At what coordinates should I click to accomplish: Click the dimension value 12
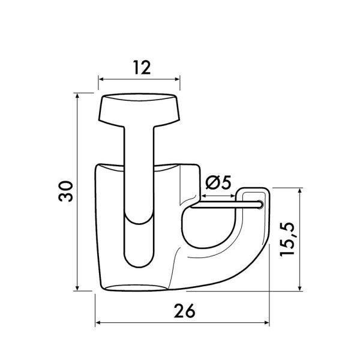(x=139, y=67)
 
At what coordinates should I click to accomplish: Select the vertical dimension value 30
(x=67, y=191)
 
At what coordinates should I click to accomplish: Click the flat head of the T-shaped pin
(x=139, y=108)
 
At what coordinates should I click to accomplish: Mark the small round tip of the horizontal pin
(x=259, y=205)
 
